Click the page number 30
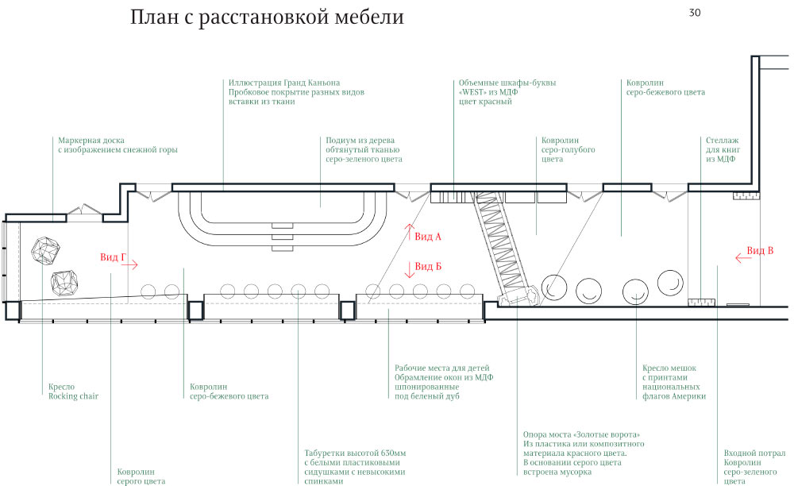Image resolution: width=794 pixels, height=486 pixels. point(695,13)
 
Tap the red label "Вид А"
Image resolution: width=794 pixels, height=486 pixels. point(428,237)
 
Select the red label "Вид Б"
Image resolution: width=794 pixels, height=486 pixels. point(428,266)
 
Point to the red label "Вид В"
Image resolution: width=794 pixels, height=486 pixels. point(761,251)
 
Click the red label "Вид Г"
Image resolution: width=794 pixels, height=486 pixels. point(112,257)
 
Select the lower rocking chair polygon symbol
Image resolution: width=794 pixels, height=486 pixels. point(65,282)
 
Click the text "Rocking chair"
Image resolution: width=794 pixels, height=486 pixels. point(73,396)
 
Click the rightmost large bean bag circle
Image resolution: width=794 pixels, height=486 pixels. point(671,281)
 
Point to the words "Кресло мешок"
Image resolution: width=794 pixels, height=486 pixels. point(669,368)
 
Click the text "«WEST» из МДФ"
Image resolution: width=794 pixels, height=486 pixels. point(488,91)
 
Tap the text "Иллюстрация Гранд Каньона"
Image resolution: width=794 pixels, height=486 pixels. point(283,83)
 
